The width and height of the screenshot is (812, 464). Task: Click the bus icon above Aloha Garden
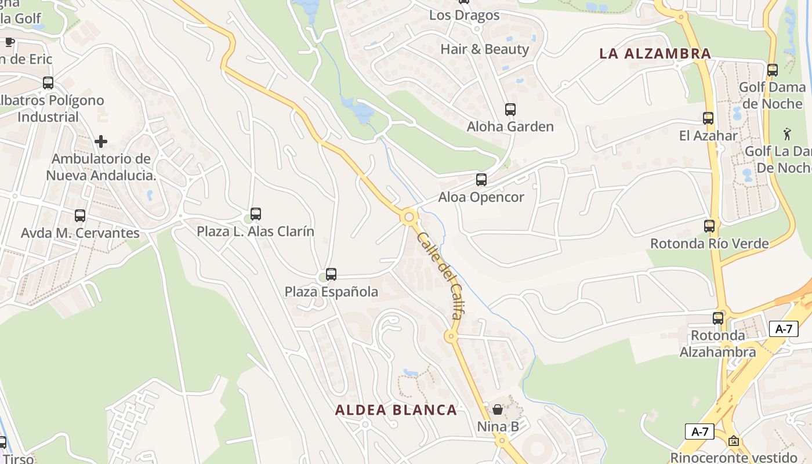510,109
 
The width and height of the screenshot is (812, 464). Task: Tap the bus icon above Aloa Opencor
481,180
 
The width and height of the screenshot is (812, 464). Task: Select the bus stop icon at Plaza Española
331,274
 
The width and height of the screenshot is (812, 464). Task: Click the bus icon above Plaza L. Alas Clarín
255,214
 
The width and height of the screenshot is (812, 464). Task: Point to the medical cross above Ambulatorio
101,142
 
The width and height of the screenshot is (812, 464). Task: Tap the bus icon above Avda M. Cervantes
80,216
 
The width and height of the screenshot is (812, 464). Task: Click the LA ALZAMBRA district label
655,54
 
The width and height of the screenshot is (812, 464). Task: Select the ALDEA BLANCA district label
396,410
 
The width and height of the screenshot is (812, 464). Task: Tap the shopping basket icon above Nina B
497,409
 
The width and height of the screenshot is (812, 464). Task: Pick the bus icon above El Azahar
708,118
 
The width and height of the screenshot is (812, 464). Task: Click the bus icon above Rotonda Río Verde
709,226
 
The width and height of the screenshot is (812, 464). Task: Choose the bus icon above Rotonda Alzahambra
718,318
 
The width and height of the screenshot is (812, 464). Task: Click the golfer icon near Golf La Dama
786,135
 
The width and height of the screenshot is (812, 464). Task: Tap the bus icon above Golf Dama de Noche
772,70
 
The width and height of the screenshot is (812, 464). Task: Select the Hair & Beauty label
484,49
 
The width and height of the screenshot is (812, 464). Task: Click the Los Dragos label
464,15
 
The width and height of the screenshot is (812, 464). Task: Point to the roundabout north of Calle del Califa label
409,217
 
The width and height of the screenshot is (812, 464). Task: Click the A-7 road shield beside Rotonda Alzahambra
784,329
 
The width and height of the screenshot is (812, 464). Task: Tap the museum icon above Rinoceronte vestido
734,441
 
